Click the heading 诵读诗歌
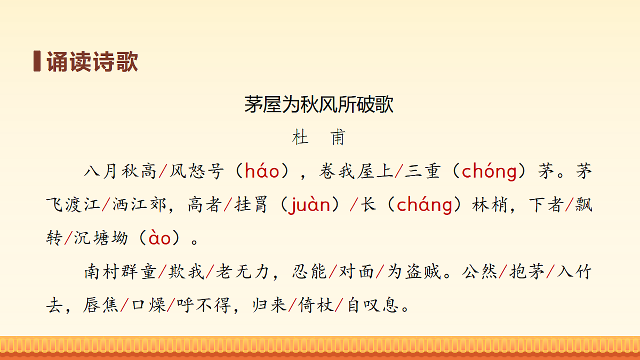pyautogui.click(x=92, y=62)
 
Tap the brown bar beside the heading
pyautogui.click(x=37, y=61)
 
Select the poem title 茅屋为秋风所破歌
pyautogui.click(x=319, y=105)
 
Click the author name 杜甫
pyautogui.click(x=319, y=138)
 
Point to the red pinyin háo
pyautogui.click(x=261, y=171)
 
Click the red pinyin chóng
pyautogui.click(x=489, y=171)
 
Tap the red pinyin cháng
pyautogui.click(x=425, y=205)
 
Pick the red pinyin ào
pyautogui.click(x=159, y=238)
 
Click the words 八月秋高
pyautogui.click(x=120, y=171)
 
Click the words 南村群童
pyautogui.click(x=120, y=272)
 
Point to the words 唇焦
pyautogui.click(x=100, y=306)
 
